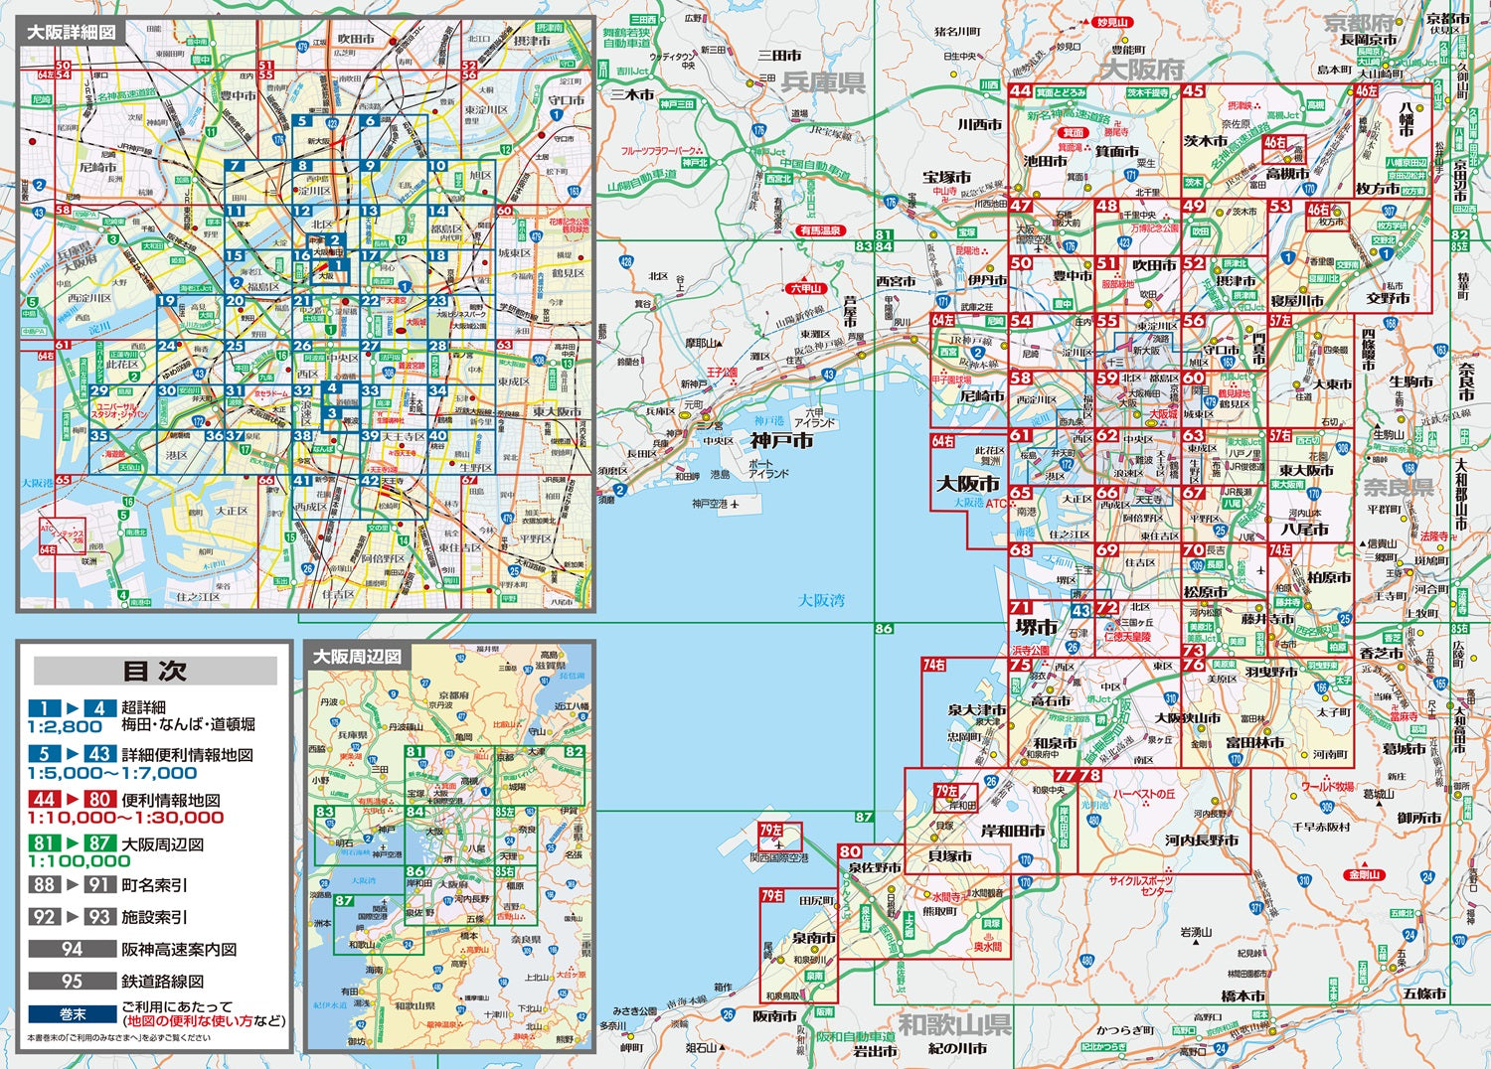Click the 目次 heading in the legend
[154, 671]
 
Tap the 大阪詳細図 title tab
[71, 32]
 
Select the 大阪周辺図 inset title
[357, 657]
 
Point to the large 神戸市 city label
[781, 441]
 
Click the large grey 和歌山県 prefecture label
[955, 1023]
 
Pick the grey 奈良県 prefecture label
[1398, 487]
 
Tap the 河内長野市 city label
[1202, 840]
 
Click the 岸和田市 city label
[1013, 831]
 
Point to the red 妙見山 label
[1111, 22]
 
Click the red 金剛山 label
[1365, 875]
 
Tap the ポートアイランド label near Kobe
[767, 469]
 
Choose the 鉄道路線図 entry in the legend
[162, 981]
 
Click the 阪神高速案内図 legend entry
[179, 949]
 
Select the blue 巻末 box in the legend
[73, 1014]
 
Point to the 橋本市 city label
[1242, 996]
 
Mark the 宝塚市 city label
[946, 177]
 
